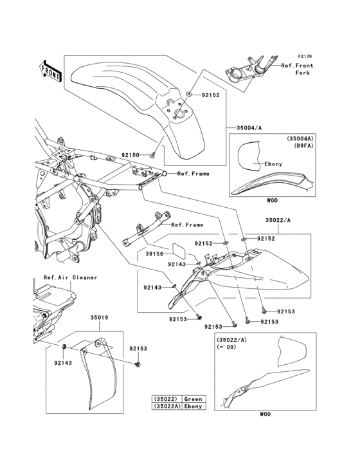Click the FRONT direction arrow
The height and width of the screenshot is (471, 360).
pos(50,71)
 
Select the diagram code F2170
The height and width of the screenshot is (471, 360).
pos(305,56)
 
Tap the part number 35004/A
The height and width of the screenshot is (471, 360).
pos(249,128)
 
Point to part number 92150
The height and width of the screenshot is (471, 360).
pos(130,155)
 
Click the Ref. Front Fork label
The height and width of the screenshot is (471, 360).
pos(297,69)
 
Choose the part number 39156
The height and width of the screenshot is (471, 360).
pos(154,254)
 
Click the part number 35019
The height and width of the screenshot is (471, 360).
pos(99,317)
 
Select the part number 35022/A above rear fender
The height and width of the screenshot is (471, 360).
pos(278,220)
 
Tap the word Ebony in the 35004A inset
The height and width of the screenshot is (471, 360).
pos(273,164)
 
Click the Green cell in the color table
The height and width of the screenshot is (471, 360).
pos(194,399)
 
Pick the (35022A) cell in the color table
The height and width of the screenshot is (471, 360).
pos(167,407)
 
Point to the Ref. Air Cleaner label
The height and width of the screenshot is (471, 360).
pos(70,277)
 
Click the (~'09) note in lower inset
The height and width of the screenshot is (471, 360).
pos(226,347)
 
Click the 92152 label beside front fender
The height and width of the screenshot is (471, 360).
pos(211,95)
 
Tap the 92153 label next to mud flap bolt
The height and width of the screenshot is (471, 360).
pos(138,349)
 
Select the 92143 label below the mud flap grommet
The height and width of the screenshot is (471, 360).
pos(63,363)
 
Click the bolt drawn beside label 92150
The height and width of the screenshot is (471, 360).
pos(152,155)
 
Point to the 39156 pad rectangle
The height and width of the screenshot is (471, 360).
pos(179,251)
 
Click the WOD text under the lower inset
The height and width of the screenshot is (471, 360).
pos(265,414)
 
